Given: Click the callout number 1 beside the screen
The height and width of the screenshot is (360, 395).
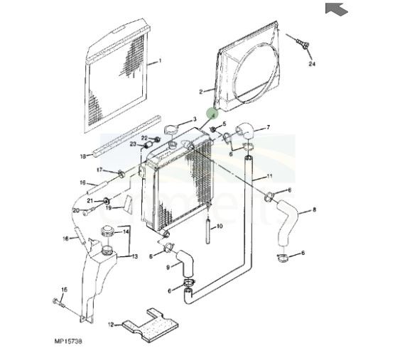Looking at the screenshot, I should pos(161,62).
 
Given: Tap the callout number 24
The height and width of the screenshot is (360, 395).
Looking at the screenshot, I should pos(311,64).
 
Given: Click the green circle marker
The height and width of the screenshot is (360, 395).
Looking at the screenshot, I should pos(211,112).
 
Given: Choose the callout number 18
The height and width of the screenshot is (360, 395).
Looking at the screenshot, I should pos(83,156).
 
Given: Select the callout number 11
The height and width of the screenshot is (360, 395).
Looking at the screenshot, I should pos(270,175).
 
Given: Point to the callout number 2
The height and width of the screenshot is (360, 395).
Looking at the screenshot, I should pos(201,91).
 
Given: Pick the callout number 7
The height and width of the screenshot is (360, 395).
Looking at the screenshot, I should pos(269,128).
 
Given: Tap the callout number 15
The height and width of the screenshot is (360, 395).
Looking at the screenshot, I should pos(63,290).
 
